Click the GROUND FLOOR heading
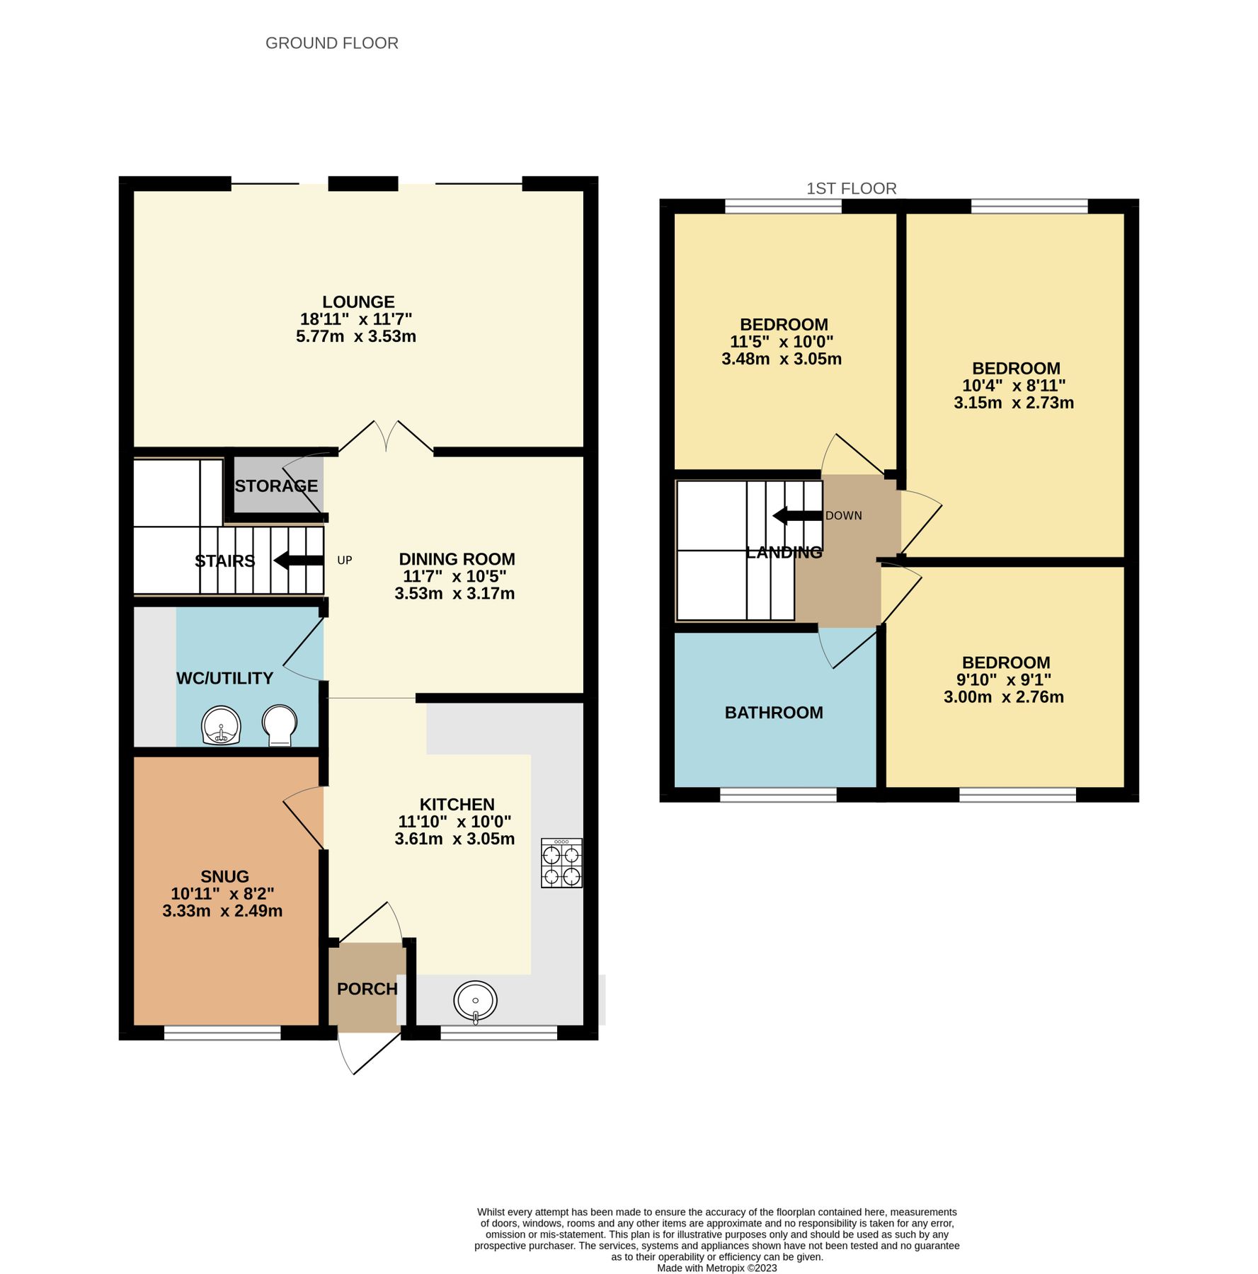tap(331, 43)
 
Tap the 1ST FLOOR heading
tap(851, 188)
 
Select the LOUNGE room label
tap(358, 302)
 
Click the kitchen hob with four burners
tap(561, 863)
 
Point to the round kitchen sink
tap(476, 1001)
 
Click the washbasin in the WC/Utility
tap(222, 725)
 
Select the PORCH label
tap(367, 989)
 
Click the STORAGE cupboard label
tap(276, 486)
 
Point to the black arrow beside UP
tap(299, 561)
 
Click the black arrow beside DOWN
tap(798, 515)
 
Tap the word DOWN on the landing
tap(844, 516)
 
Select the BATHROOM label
tap(774, 713)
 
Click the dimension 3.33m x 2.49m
tap(222, 911)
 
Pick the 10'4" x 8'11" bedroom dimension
tap(1014, 386)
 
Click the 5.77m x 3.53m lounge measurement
tap(356, 336)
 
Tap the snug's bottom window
tap(222, 1034)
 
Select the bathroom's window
tap(778, 796)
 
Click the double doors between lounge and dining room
tap(386, 437)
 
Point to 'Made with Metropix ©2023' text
tap(716, 1268)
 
